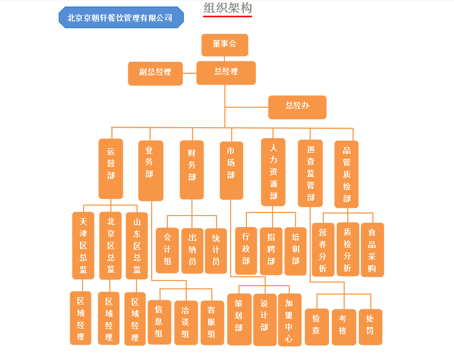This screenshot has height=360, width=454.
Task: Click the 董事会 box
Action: coord(224,44)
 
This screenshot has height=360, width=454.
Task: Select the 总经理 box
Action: coord(226,73)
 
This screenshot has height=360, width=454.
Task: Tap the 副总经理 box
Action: coord(155,73)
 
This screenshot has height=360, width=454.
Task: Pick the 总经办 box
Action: coord(297,107)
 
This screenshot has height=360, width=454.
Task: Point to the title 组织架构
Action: coord(228,8)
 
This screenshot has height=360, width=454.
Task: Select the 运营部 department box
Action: coord(111,168)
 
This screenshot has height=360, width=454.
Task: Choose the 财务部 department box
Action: coord(192,170)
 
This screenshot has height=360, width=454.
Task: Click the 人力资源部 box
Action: coord(274,172)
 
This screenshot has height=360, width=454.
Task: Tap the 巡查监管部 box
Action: coord(311,173)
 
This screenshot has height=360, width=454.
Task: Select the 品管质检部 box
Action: coord(347,174)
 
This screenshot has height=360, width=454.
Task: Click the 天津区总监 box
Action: coord(83,245)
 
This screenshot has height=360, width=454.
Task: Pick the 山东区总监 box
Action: coord(137,245)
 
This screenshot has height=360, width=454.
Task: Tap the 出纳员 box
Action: coord(192,250)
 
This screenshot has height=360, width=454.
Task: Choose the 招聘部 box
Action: coord(271,251)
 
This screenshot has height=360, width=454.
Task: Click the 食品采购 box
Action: coord(372,250)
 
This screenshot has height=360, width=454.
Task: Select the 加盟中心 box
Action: coord(289,319)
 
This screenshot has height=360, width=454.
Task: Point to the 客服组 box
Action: coord(212,322)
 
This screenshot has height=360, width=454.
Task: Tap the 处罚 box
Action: coord(370,327)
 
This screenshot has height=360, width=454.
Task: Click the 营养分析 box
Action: coord(323,250)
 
